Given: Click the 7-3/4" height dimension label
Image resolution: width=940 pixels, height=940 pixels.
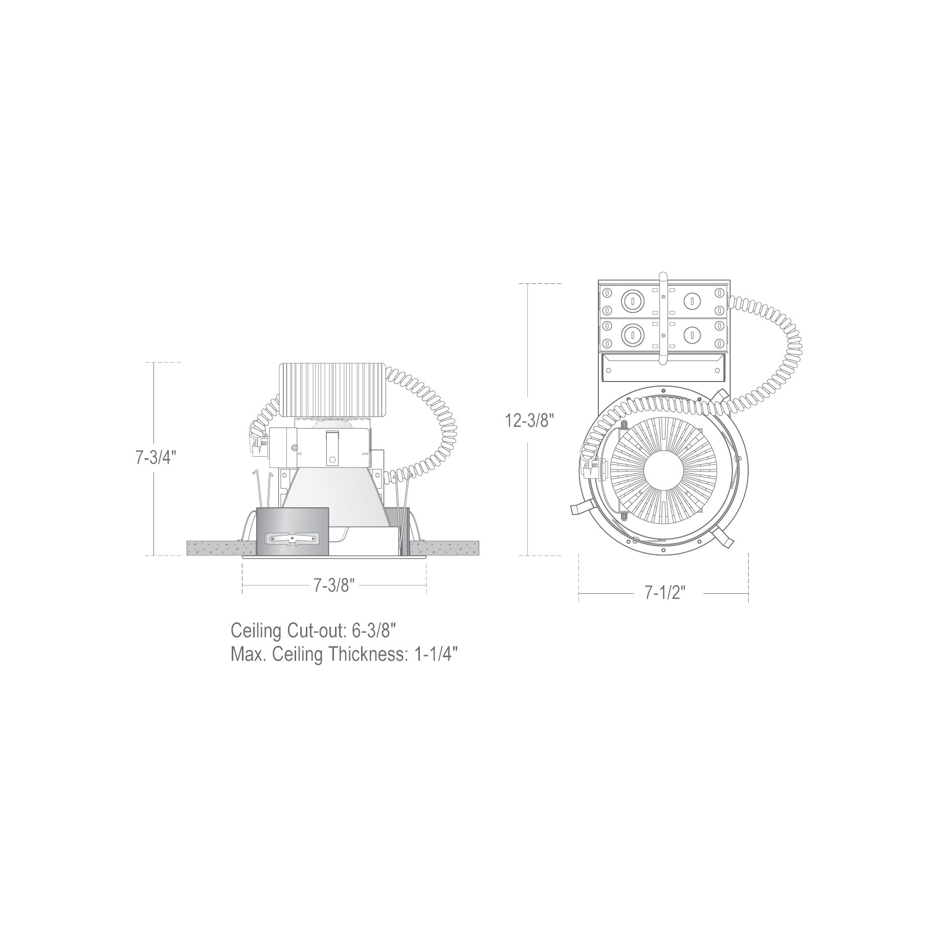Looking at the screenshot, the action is click(155, 458).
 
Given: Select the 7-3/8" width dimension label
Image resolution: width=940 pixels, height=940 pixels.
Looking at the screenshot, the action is click(334, 585).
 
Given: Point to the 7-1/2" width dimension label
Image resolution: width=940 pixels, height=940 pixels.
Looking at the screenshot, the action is click(665, 593).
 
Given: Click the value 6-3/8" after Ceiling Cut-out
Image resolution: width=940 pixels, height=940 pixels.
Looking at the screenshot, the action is click(374, 631).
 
